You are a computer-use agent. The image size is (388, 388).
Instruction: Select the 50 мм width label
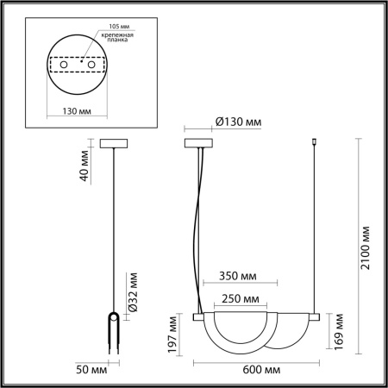(94, 369)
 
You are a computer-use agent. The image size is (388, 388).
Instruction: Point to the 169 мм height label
(341, 330)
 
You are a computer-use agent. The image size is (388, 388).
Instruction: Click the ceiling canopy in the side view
(114, 143)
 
